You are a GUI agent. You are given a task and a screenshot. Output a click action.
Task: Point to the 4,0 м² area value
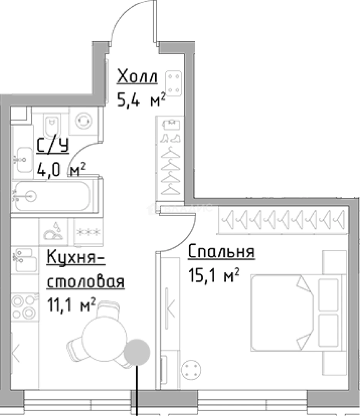[61, 169]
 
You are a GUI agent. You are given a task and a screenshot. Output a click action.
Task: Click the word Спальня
[221, 252]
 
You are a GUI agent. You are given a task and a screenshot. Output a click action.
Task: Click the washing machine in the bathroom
[83, 121]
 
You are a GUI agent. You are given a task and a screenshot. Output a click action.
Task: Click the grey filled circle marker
[136, 352]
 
